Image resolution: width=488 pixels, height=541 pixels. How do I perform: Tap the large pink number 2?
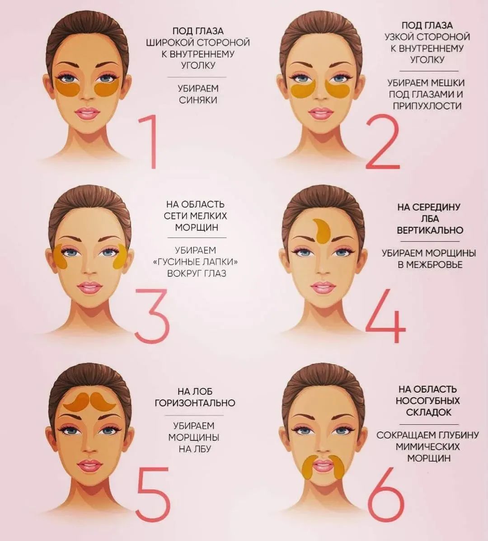click(382, 142)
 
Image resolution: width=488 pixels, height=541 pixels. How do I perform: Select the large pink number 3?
click(152, 316)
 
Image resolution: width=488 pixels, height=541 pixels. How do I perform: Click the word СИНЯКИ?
click(198, 100)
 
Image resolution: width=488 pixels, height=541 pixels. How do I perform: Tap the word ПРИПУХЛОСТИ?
click(427, 106)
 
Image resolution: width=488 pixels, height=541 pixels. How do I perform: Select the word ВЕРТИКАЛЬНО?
click(430, 230)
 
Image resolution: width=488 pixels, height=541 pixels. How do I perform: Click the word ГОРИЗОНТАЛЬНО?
click(195, 403)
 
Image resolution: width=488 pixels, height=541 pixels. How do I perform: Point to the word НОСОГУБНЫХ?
click(427, 400)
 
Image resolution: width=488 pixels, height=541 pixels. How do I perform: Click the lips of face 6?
click(322, 466)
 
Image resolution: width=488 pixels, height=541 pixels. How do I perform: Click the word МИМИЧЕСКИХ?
click(427, 447)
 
